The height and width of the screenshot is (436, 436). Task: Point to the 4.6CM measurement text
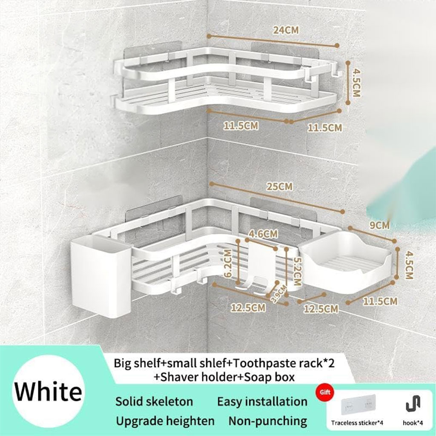pos(263,234)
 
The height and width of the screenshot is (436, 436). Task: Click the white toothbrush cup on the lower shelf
pos(100,277)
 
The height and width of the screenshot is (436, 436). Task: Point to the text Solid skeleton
pos(154,402)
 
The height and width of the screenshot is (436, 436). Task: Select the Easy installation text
pos(262,402)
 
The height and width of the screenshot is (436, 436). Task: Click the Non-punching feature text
pos(267,421)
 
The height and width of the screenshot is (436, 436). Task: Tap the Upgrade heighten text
pos(165,421)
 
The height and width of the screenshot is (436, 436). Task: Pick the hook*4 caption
pos(413,423)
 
